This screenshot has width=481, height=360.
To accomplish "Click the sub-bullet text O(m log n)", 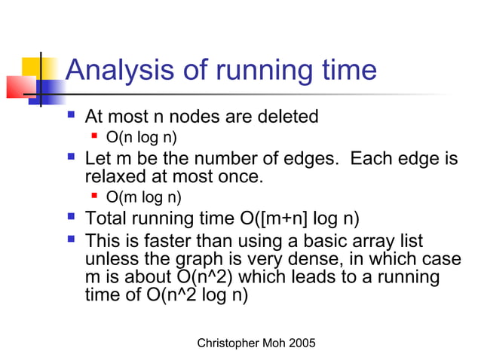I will [x=144, y=197].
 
